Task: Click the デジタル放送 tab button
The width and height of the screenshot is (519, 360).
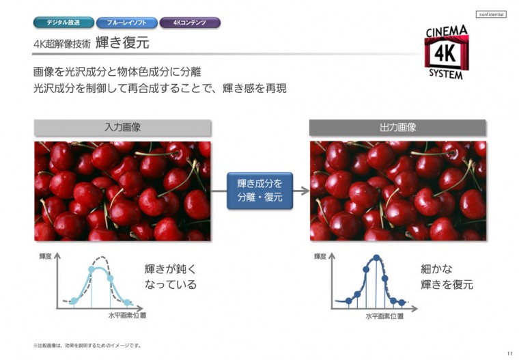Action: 63,23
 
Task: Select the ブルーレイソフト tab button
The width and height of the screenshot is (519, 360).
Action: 126,23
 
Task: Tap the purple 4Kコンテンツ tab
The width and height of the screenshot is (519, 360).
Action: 190,23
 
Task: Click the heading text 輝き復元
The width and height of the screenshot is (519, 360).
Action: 122,44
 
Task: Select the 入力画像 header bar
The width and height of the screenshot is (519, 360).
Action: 122,127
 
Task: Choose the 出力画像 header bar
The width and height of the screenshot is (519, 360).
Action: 397,127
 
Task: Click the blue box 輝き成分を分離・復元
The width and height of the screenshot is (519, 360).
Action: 259,191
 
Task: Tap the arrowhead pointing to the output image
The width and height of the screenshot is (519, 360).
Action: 305,191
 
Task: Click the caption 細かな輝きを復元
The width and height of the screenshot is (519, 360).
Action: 447,277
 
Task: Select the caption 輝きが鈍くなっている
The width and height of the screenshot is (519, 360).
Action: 170,277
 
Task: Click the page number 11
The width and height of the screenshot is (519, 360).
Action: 509,352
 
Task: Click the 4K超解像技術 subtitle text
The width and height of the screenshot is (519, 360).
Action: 61,44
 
